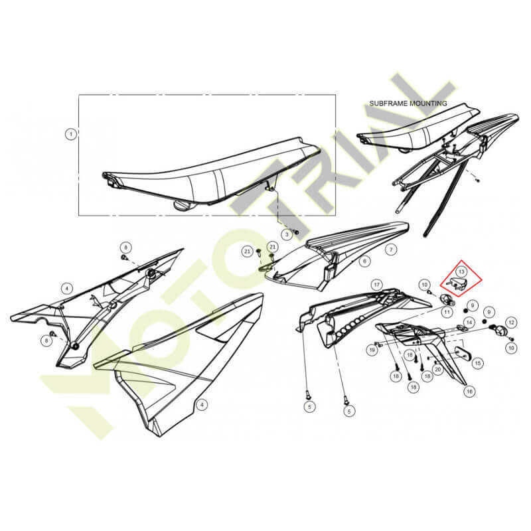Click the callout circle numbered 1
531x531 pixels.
[x=71, y=135]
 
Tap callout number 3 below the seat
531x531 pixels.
[x=287, y=234]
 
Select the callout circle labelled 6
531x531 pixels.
[x=364, y=261]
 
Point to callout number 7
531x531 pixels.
[x=391, y=250]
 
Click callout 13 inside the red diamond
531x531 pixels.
[x=461, y=271]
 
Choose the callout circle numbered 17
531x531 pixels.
[x=376, y=285]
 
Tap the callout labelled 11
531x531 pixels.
[x=447, y=311]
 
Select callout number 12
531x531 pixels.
[x=511, y=323]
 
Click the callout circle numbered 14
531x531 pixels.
[x=469, y=323]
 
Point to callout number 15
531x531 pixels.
[x=477, y=363]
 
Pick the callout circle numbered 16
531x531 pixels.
[x=469, y=392]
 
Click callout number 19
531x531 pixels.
[x=372, y=350]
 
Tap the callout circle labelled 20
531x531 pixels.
[x=438, y=369]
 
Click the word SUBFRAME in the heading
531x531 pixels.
[x=388, y=104]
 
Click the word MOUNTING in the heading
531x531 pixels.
[x=428, y=104]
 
